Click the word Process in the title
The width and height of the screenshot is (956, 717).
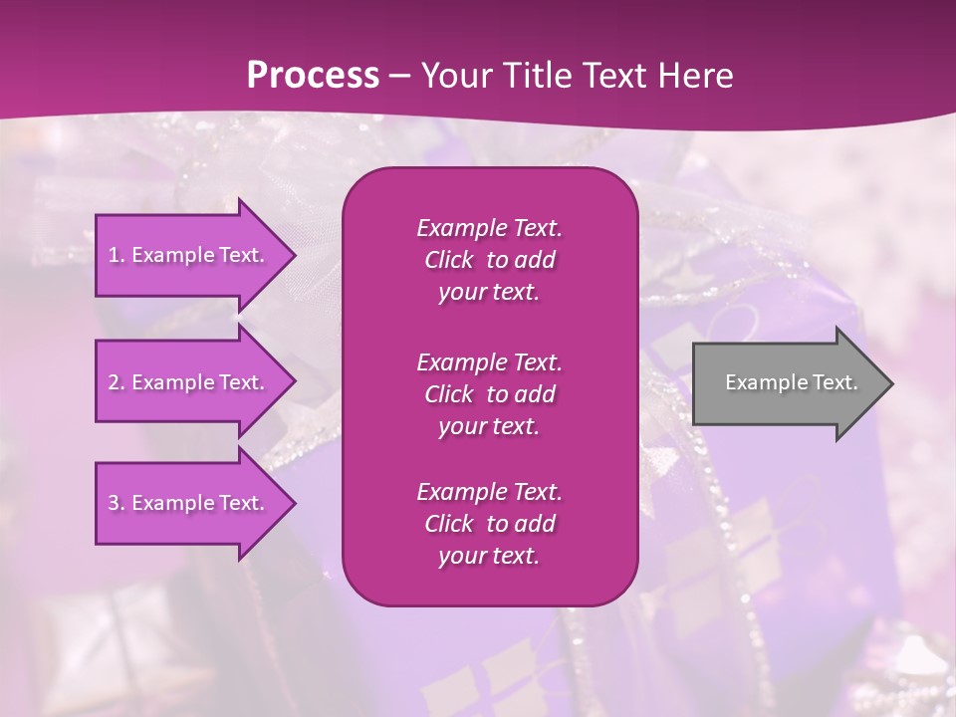tap(313, 75)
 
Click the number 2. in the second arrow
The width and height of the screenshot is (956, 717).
tap(117, 382)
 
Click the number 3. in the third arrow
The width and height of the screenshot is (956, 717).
tap(117, 503)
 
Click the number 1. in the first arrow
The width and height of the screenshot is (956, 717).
tap(117, 255)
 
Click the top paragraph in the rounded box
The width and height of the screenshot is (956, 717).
tap(489, 260)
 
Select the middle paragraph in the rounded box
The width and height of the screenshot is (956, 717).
tap(489, 394)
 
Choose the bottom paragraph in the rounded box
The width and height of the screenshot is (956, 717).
tap(489, 524)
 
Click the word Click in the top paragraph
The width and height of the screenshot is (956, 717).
tap(448, 260)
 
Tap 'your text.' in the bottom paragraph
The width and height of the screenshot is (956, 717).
tap(489, 556)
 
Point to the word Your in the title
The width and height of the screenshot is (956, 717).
tap(457, 75)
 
